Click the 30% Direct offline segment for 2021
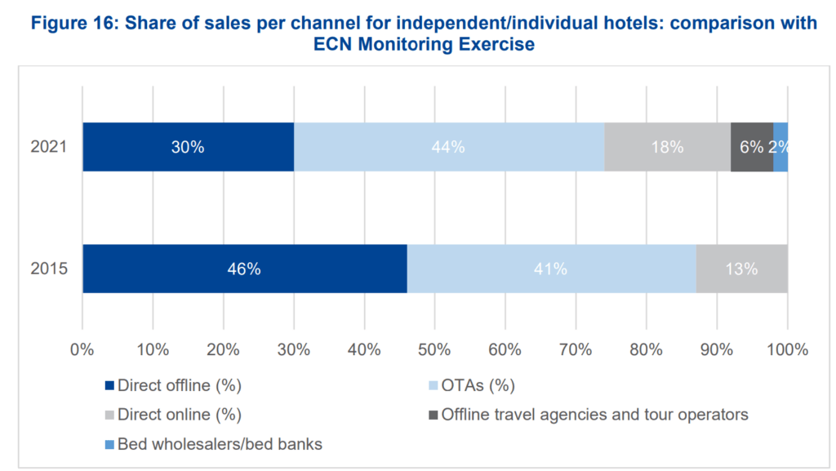point(188,147)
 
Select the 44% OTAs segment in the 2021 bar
point(449,147)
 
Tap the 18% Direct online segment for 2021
point(667,147)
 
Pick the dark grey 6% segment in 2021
point(751,147)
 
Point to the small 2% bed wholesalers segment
point(781,147)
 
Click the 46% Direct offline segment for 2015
point(244,269)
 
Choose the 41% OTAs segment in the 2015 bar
point(551,269)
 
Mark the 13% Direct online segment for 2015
point(741,269)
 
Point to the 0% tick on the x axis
point(82,350)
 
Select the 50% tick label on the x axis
point(434,350)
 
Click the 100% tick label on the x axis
point(787,350)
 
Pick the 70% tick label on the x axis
point(576,350)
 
